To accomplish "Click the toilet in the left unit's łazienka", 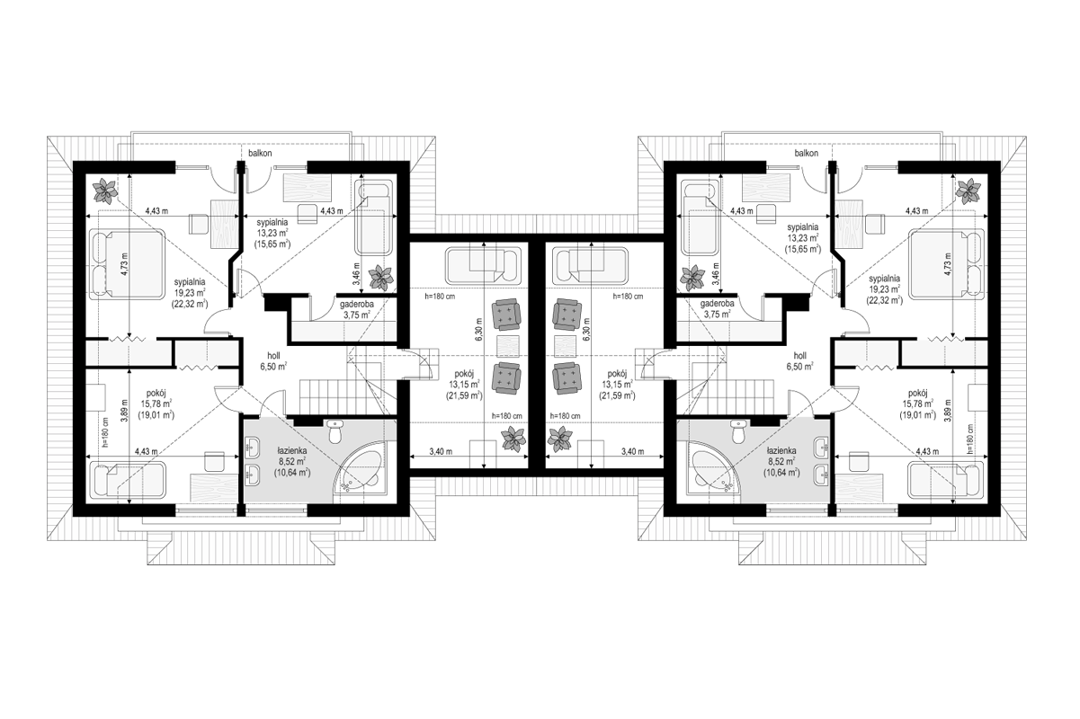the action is (x=335, y=432).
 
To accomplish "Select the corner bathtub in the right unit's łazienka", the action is (x=714, y=471).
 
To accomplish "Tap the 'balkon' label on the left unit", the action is (x=260, y=154).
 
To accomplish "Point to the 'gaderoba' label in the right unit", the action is (x=718, y=304).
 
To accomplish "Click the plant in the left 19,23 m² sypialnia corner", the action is (x=105, y=191).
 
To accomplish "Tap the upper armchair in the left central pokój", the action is (x=506, y=315).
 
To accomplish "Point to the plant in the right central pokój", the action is (x=560, y=439).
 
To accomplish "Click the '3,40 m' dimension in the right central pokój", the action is (x=632, y=451).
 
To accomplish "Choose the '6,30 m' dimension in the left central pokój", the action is (x=478, y=329).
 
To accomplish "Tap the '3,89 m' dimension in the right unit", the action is (x=949, y=410).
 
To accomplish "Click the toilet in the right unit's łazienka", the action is (x=737, y=432).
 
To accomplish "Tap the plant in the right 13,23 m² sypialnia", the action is (x=692, y=278).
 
